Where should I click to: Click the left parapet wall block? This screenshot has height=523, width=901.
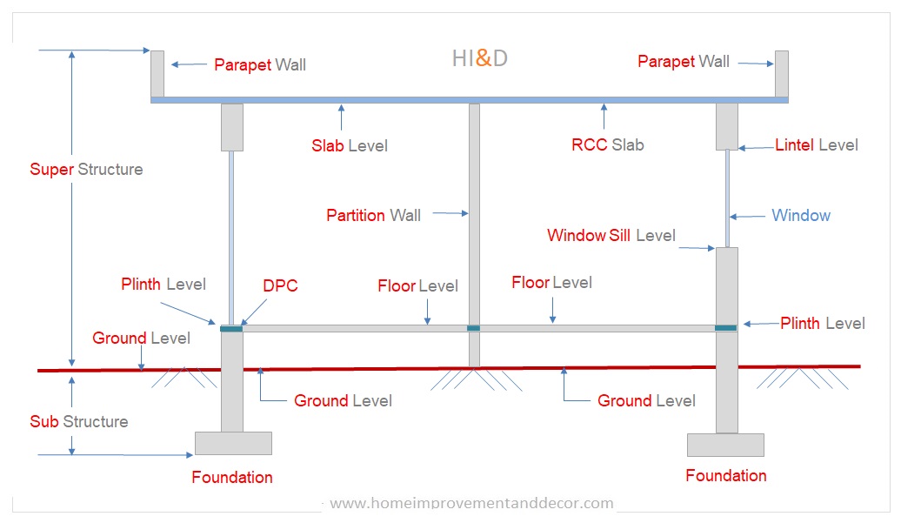pos(157,74)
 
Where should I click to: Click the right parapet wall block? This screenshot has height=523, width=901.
pos(782,74)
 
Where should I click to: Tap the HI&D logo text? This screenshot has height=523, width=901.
pos(479,59)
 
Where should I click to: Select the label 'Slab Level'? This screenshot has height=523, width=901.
pos(350,145)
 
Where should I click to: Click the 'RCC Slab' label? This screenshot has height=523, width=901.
pos(607,145)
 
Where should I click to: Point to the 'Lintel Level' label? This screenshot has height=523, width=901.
pos(816,145)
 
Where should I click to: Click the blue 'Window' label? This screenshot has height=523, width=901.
pos(800,215)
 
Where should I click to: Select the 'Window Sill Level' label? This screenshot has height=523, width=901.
pos(611,236)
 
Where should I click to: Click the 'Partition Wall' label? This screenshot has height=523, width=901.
pos(373,215)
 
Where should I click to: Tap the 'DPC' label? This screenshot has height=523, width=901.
pos(280,286)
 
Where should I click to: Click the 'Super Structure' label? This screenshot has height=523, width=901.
pos(86,169)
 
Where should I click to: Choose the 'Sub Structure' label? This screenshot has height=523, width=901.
pos(78,421)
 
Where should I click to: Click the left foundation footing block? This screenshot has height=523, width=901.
pos(233,443)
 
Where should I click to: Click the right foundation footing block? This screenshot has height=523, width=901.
pos(725,445)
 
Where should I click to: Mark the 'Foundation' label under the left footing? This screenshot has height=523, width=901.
pos(232,477)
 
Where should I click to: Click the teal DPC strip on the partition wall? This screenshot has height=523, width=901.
pos(474,328)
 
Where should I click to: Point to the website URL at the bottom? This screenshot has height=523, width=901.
pos(471,503)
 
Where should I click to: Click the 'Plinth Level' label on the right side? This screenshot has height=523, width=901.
pos(822,323)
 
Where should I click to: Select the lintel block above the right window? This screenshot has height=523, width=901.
pos(726,126)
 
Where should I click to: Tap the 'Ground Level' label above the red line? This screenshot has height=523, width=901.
pos(141,338)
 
